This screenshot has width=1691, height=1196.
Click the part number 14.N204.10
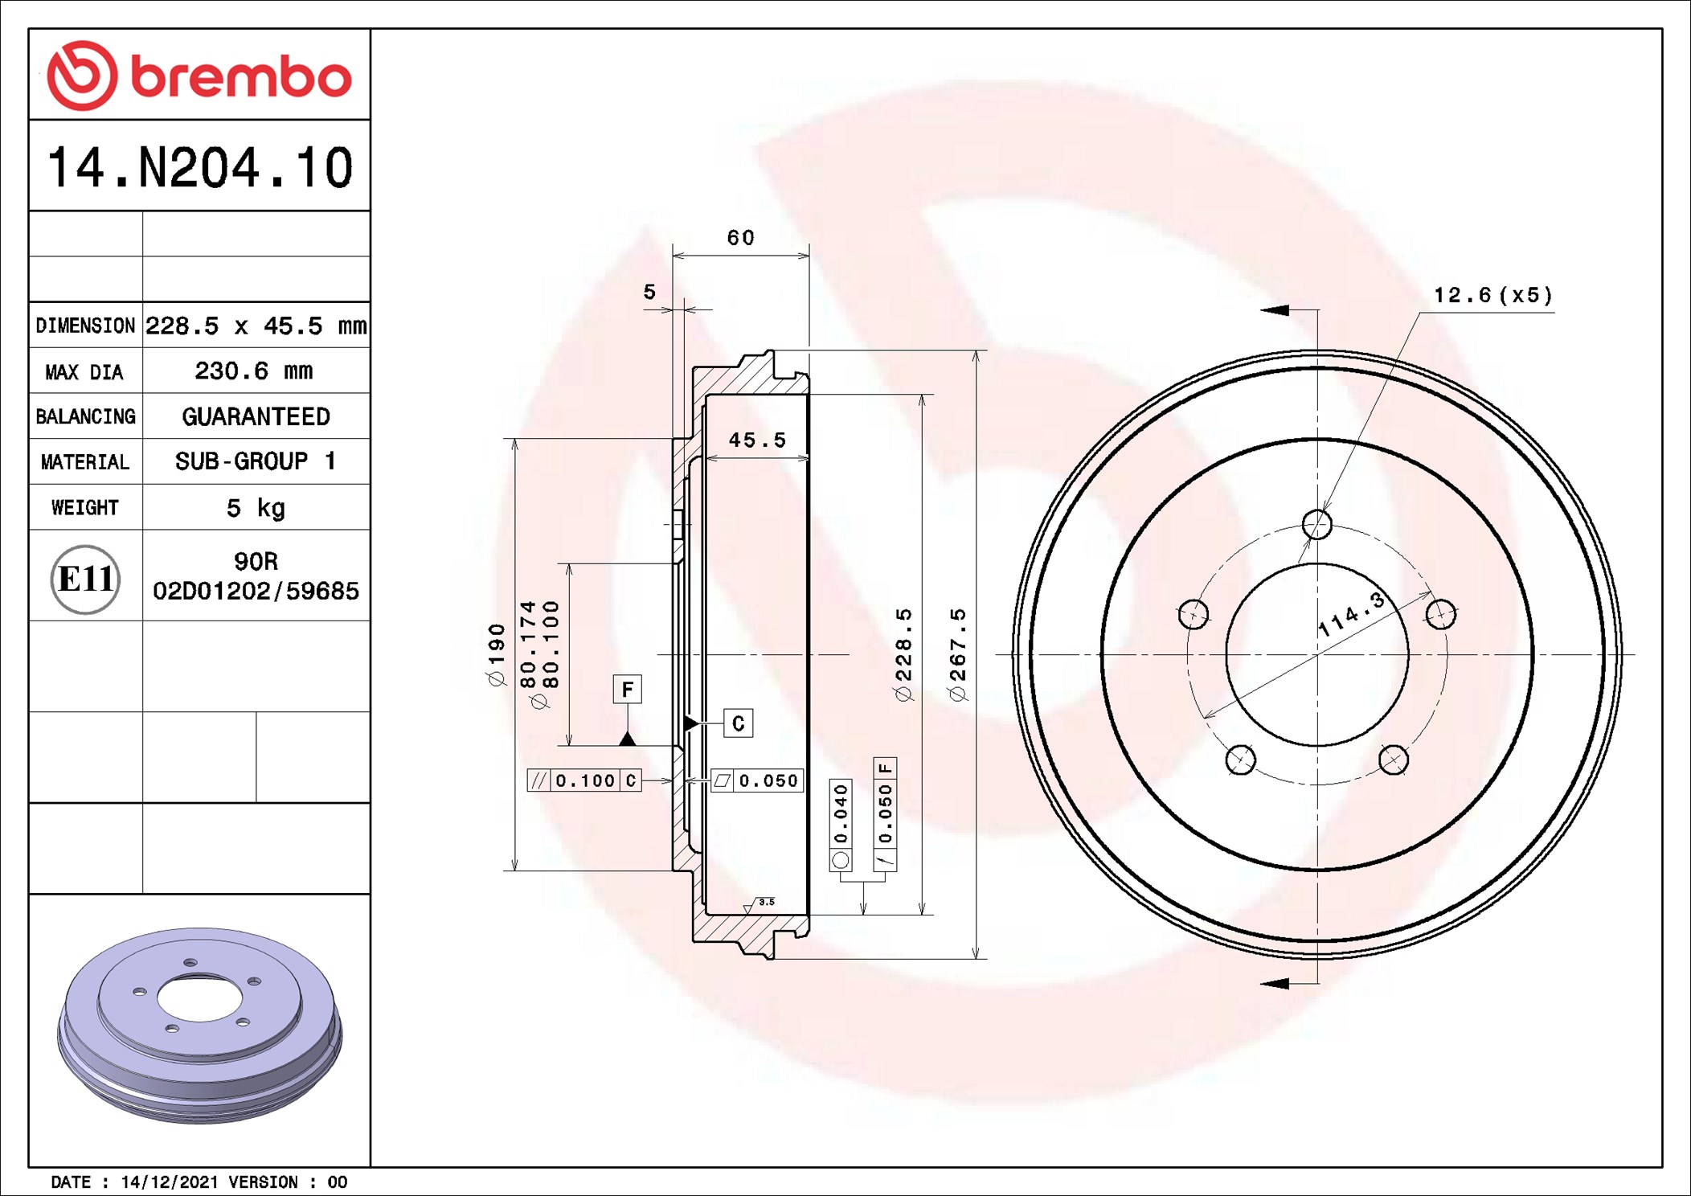click(199, 168)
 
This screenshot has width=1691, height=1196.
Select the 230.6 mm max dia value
click(254, 371)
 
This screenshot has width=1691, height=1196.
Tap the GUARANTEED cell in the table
click(256, 416)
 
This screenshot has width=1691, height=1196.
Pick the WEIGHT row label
click(85, 508)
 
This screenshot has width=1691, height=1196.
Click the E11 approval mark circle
click(85, 579)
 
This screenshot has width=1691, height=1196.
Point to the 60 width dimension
click(740, 238)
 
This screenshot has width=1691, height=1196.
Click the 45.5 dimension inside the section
click(757, 440)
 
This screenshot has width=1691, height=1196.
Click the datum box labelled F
click(627, 689)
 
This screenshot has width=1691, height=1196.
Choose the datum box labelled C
click(738, 723)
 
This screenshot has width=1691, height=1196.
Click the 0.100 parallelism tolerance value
click(585, 780)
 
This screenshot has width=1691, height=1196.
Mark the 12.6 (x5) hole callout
click(1493, 296)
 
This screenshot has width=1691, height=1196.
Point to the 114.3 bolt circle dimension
click(1352, 616)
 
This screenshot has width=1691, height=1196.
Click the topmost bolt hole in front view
click(1316, 525)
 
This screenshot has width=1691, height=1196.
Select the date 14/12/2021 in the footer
click(169, 1182)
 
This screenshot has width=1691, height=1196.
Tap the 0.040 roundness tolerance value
click(841, 814)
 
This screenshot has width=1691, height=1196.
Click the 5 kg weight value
click(256, 508)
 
